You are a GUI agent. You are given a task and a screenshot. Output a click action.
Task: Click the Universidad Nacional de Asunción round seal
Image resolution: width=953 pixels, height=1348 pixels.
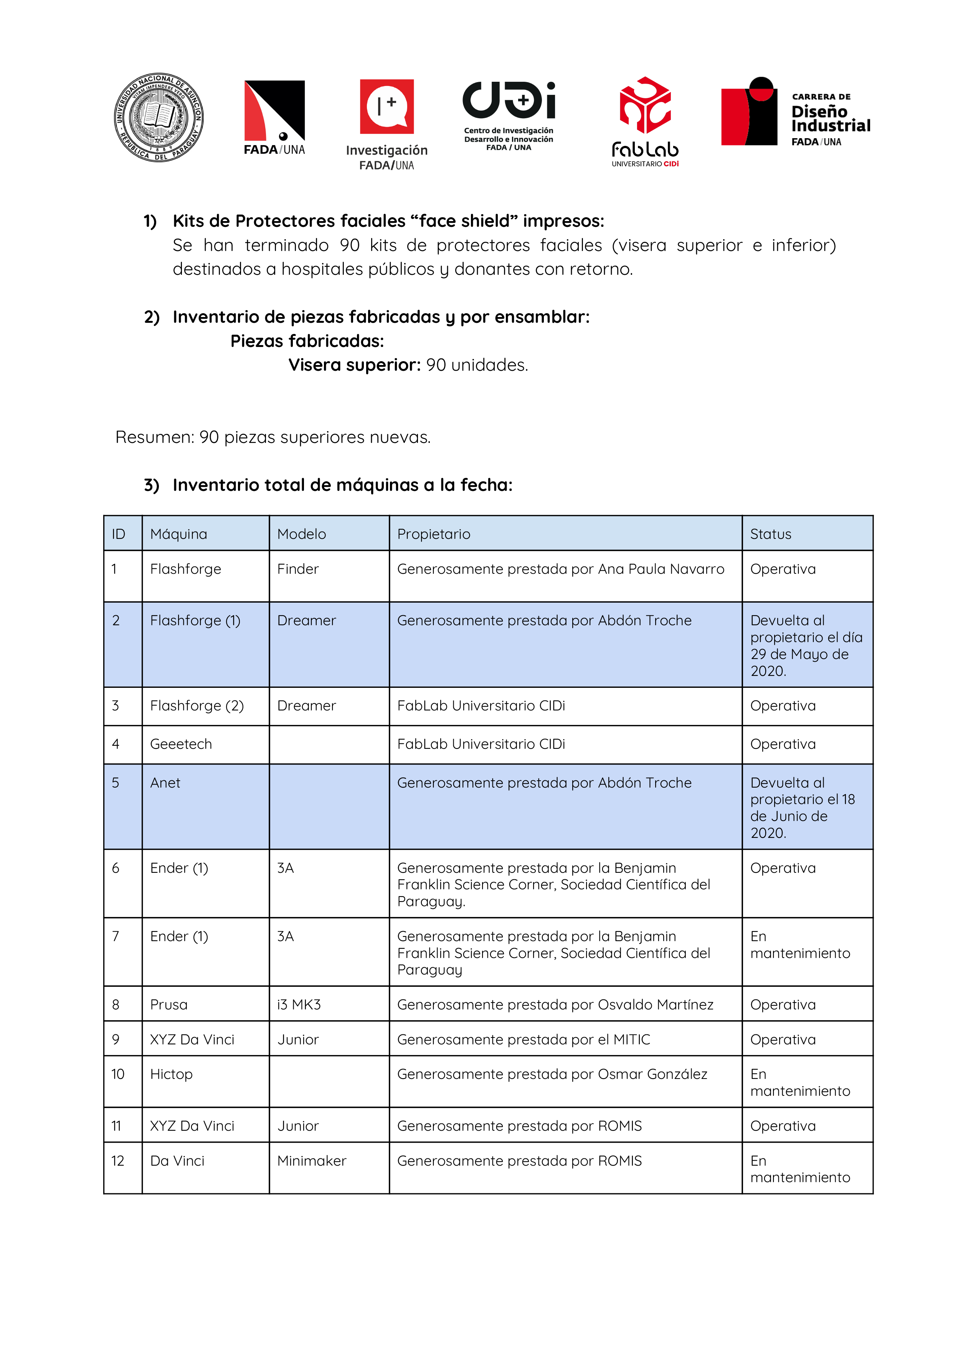159,117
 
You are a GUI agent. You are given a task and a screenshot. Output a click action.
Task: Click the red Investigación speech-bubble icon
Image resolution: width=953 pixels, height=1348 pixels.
386,107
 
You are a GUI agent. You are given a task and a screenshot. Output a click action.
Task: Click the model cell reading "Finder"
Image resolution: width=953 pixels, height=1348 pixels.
298,569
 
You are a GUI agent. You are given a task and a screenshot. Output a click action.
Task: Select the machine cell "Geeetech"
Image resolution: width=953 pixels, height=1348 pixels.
181,744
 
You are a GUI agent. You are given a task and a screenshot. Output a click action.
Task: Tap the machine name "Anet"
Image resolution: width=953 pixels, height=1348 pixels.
165,783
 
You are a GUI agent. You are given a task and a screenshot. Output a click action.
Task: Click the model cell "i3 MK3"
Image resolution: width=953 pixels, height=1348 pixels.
299,1004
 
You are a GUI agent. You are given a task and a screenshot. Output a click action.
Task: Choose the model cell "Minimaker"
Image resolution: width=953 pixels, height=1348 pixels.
312,1161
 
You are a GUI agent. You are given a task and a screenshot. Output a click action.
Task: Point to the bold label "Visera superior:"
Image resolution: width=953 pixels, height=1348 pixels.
355,365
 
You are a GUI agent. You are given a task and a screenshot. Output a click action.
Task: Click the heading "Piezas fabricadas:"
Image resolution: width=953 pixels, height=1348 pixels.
307,341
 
